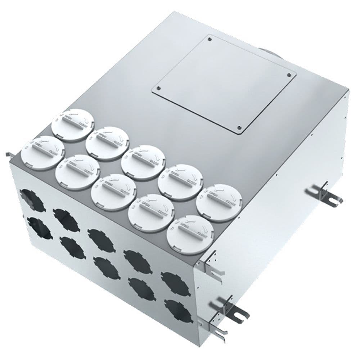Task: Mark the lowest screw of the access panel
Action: point(239,127)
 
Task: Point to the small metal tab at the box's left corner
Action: point(8,155)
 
